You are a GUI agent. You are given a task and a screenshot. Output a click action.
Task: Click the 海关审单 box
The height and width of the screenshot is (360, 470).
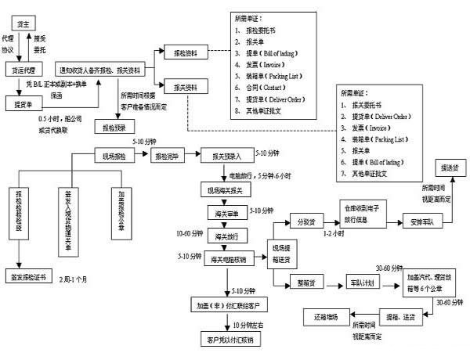pos(226,212)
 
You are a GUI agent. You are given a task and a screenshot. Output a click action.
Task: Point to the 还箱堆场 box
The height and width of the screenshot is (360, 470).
pos(321,316)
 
